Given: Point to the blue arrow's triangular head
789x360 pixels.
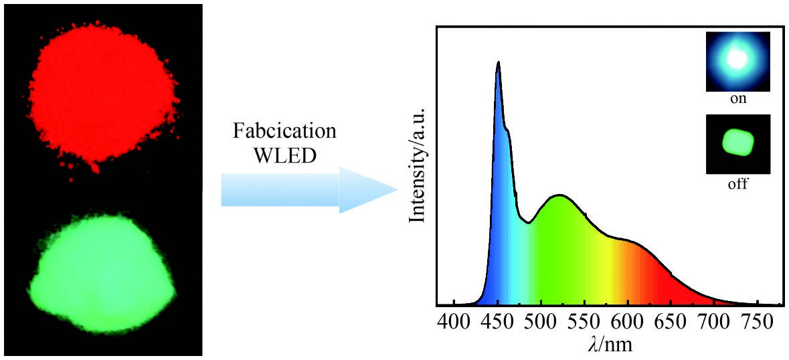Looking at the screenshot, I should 365,190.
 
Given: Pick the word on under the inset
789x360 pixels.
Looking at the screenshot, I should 737,99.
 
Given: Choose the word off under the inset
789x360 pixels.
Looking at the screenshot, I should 737,183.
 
